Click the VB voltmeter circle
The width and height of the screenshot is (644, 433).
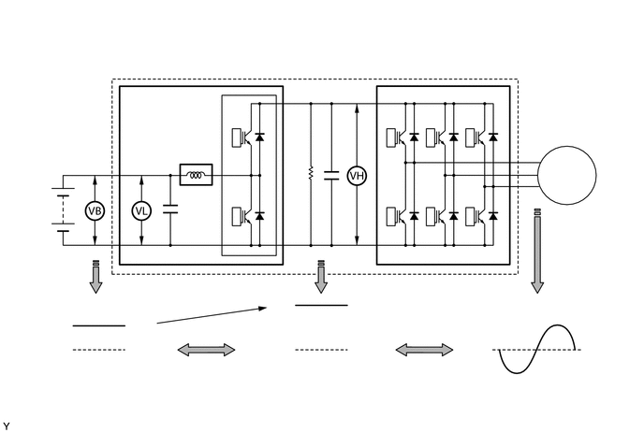[x=94, y=211]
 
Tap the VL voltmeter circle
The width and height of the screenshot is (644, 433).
[x=141, y=211]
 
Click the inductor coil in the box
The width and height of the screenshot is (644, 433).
[x=197, y=175]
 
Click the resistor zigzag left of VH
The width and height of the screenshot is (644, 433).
[x=310, y=175]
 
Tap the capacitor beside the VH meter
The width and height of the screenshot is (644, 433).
[x=330, y=175]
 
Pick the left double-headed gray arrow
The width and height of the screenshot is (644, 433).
[x=207, y=349]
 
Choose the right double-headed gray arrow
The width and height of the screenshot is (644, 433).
[x=424, y=349]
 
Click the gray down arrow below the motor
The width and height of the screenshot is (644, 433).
[x=536, y=252]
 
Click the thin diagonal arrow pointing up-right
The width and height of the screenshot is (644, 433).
[x=212, y=314]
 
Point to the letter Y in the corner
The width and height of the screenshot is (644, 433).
[x=7, y=426]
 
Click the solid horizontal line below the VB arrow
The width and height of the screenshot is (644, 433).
[x=99, y=325]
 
